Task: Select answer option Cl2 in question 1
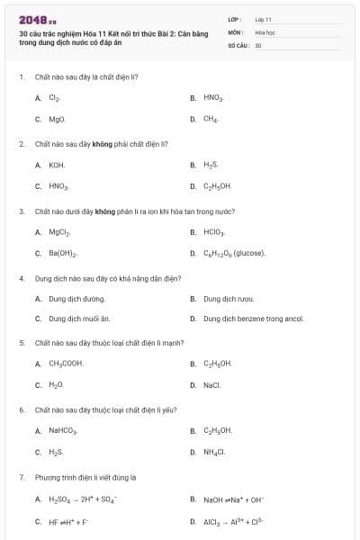55,97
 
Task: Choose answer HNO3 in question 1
213,97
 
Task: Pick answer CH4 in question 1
211,118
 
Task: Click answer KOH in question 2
57,165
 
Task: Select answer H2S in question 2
211,165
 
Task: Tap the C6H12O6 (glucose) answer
234,253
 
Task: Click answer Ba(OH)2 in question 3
63,253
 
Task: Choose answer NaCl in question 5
212,384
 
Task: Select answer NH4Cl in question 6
214,452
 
